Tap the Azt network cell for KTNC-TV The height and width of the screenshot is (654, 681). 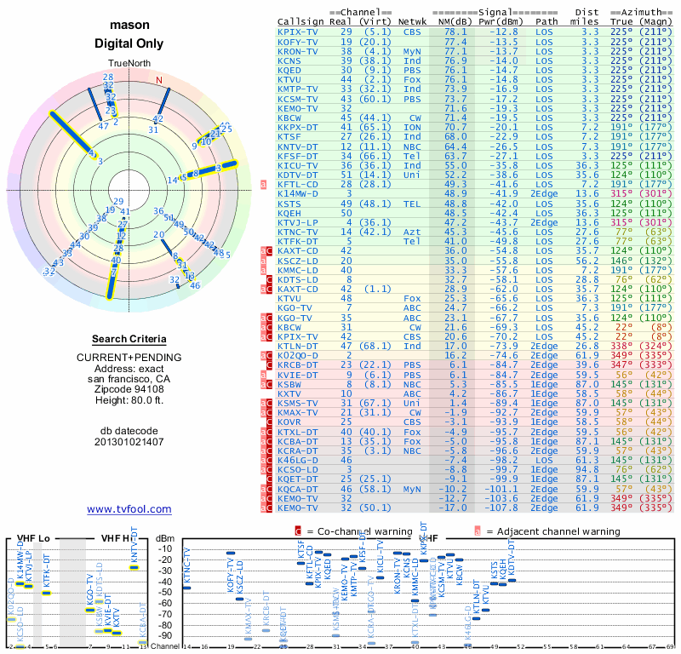(412, 232)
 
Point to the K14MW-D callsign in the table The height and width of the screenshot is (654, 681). (298, 194)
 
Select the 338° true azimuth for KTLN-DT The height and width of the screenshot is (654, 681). (623, 347)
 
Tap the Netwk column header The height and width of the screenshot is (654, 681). (413, 20)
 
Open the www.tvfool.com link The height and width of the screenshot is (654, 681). (129, 509)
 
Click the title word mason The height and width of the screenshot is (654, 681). (129, 26)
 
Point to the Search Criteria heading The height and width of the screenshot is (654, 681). (129, 339)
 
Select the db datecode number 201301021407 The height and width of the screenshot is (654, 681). (129, 442)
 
